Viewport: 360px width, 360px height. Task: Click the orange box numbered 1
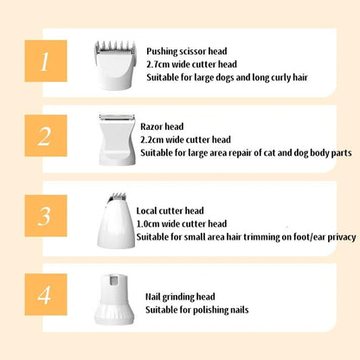(x=46, y=61)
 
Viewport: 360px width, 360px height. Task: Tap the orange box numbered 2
(x=46, y=136)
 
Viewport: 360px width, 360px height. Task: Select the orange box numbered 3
(x=46, y=215)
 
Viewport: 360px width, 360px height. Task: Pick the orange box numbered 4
(x=46, y=294)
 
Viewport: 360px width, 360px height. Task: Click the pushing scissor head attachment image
(x=115, y=65)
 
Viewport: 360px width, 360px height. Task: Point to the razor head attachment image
(x=117, y=140)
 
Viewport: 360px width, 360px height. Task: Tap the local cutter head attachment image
(x=116, y=221)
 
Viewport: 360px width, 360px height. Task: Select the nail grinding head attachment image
(x=114, y=299)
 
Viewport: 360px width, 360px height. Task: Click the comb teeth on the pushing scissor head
(x=115, y=47)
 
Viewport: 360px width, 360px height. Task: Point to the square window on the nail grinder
(x=115, y=280)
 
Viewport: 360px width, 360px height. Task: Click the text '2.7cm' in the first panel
(x=158, y=64)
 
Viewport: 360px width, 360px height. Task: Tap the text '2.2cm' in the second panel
(x=152, y=139)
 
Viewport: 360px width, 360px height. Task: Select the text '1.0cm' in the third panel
(x=148, y=224)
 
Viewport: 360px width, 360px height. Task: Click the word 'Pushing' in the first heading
(x=162, y=52)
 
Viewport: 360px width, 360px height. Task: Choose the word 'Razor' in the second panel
(x=151, y=126)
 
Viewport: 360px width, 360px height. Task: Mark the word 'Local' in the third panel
(x=147, y=211)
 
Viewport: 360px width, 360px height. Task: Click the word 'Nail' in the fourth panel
(x=153, y=297)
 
